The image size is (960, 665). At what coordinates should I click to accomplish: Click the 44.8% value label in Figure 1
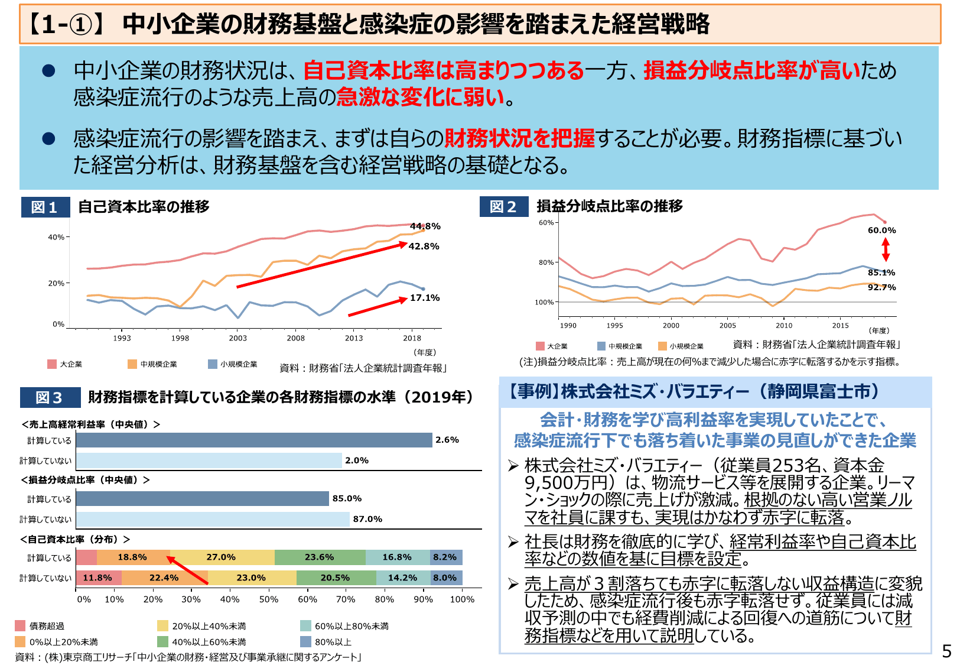[x=425, y=226]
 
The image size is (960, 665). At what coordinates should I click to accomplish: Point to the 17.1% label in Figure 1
[x=425, y=298]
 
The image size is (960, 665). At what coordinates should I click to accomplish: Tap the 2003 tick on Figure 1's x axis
[x=238, y=338]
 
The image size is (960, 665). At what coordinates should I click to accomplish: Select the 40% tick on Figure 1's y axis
[x=56, y=237]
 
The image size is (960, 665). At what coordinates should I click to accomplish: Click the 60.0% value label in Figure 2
[x=881, y=231]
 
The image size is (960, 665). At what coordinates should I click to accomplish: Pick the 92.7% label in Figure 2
[x=881, y=287]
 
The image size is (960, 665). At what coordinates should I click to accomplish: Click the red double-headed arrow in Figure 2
[x=886, y=249]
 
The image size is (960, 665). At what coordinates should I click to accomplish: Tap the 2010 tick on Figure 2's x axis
[x=784, y=326]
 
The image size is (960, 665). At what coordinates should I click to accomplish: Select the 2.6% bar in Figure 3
[x=254, y=440]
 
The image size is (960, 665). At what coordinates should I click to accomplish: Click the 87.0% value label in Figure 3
[x=367, y=519]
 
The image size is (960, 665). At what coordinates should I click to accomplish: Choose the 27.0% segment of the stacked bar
[x=222, y=557]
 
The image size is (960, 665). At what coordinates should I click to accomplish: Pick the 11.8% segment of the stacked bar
[x=98, y=578]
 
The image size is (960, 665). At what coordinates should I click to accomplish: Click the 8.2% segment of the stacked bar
[x=445, y=557]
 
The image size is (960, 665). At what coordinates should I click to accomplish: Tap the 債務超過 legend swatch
[x=21, y=625]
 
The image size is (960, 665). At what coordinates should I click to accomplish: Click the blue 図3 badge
[x=50, y=398]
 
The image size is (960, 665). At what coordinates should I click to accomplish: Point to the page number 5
[x=946, y=651]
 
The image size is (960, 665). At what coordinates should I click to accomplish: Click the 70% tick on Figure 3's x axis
[x=346, y=599]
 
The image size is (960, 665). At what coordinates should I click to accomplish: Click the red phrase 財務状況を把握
[x=519, y=138]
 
